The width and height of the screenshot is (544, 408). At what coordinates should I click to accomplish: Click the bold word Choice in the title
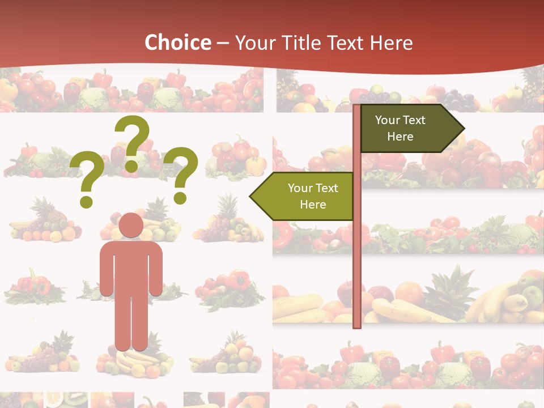[177, 43]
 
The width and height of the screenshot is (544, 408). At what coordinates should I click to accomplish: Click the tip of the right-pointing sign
[463, 129]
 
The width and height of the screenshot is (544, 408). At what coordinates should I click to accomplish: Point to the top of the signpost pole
[356, 106]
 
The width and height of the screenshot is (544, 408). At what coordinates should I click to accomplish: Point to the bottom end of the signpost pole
[357, 326]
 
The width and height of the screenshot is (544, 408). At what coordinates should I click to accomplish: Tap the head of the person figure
[131, 226]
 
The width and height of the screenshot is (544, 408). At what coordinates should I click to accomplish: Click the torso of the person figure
[131, 266]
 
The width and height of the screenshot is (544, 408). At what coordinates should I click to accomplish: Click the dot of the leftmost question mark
[86, 201]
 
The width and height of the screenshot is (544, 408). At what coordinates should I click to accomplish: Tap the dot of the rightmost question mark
[180, 198]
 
